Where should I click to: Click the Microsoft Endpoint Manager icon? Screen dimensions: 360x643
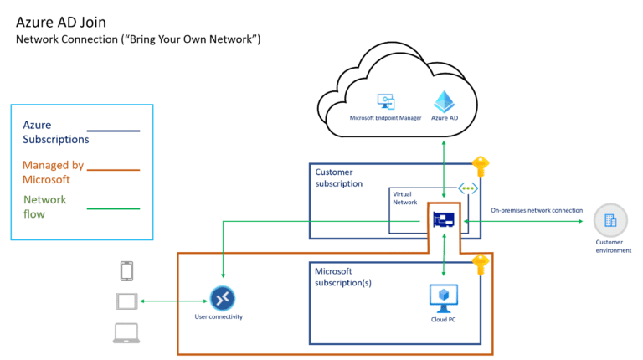(386, 103)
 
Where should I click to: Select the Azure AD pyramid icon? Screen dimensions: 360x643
(443, 102)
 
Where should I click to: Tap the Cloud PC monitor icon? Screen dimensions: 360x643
(441, 297)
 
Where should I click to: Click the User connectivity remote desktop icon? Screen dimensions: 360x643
(221, 298)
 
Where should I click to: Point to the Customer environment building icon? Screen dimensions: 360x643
(609, 222)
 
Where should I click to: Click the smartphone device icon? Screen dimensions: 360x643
(127, 271)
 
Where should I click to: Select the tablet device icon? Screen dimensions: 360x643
(126, 301)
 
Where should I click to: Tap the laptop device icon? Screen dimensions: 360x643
(126, 332)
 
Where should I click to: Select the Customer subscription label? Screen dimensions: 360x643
(339, 177)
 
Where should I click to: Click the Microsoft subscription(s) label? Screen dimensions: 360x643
(342, 277)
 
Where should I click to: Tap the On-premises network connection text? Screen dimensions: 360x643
(536, 210)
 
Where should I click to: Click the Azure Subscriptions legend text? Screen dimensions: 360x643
(55, 131)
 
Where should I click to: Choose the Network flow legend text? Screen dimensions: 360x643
(44, 207)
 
